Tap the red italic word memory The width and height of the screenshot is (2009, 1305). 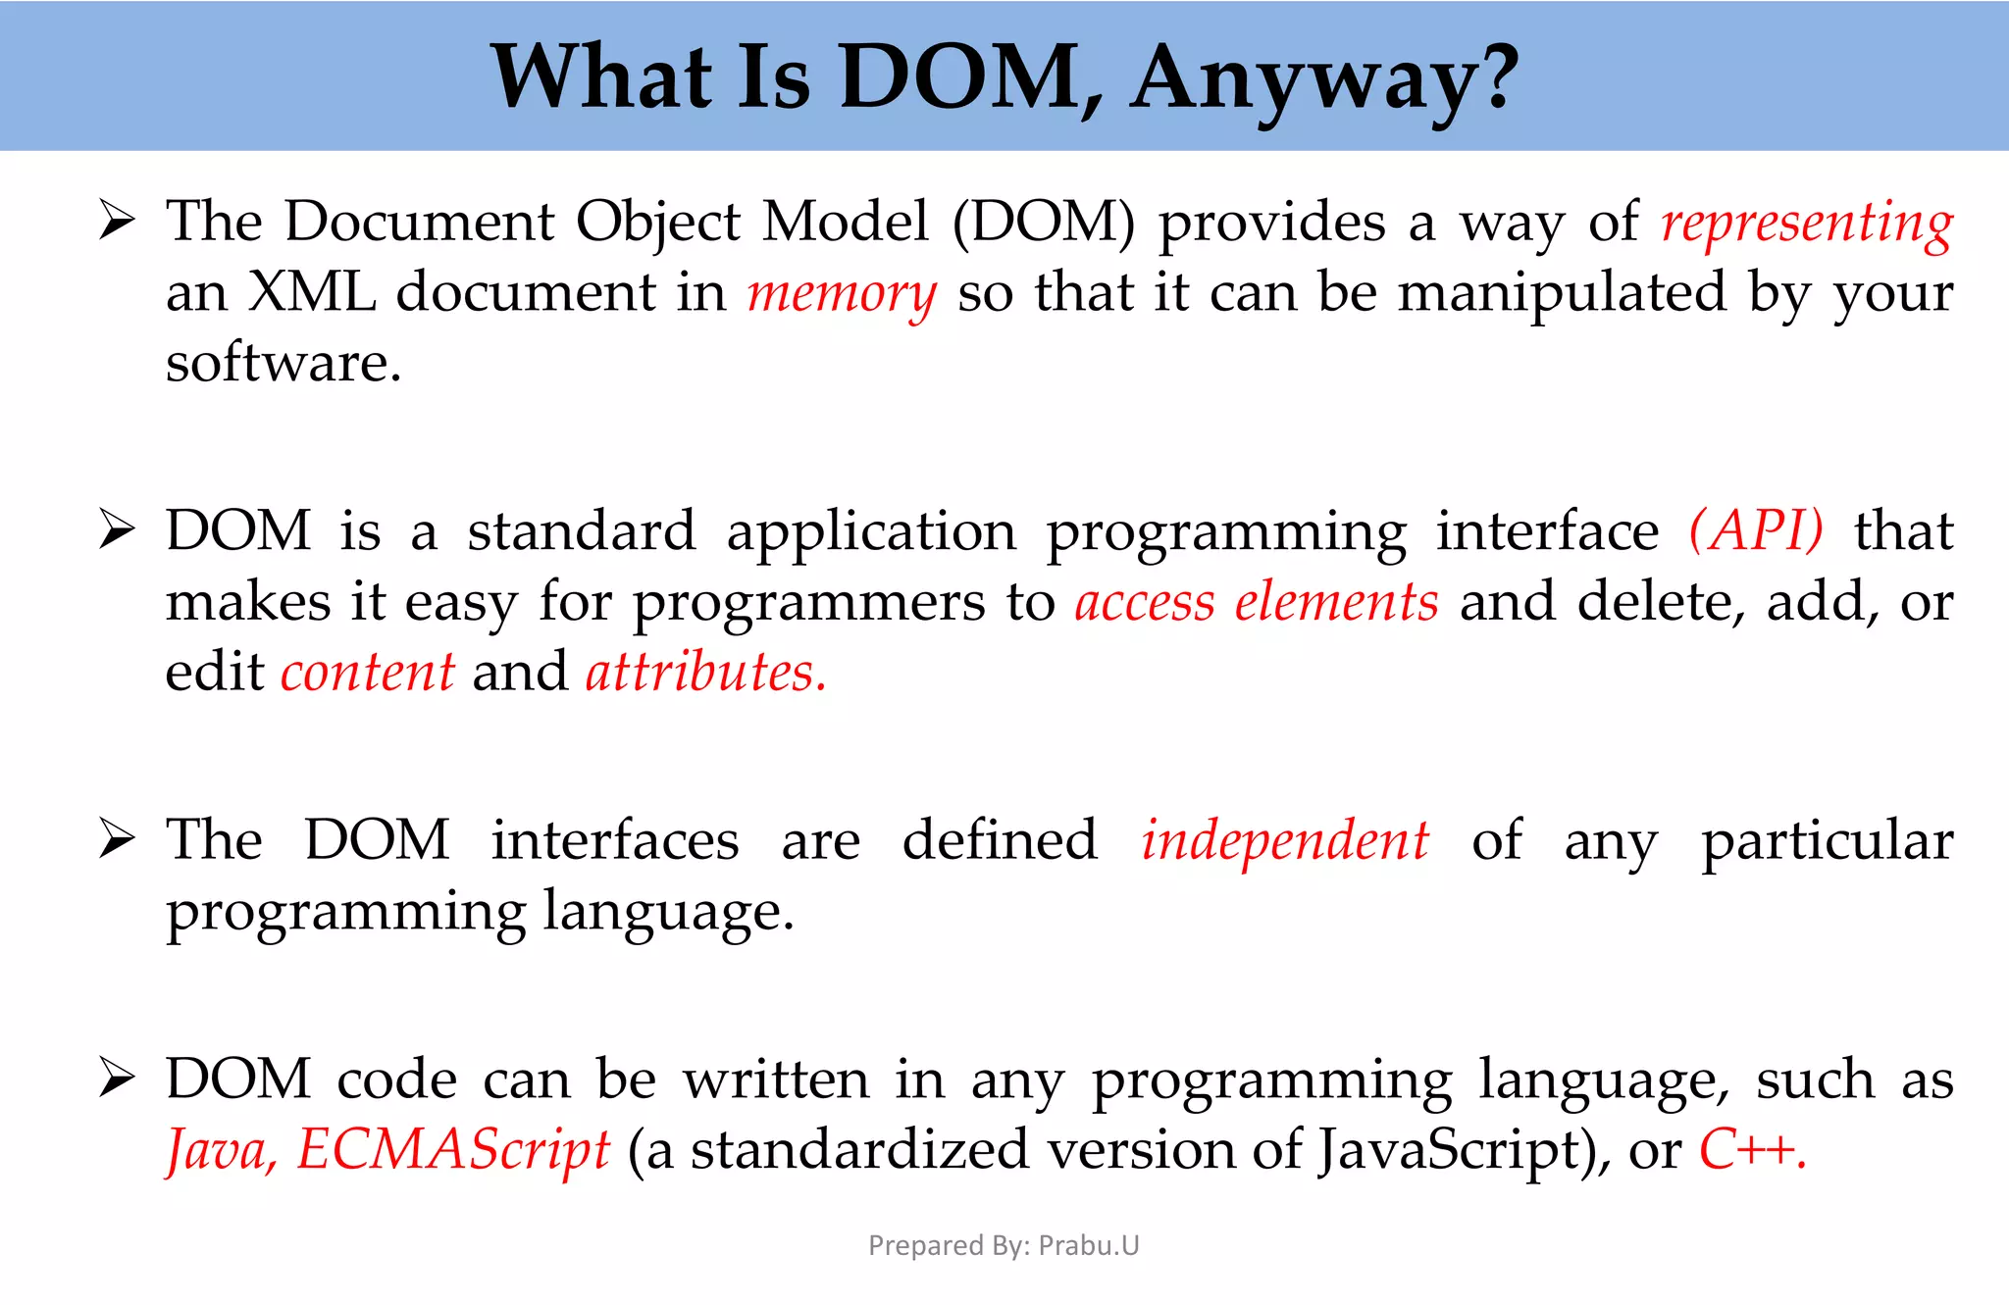tap(842, 294)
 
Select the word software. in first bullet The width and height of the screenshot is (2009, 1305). tap(283, 364)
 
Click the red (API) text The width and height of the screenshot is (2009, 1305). tap(1756, 532)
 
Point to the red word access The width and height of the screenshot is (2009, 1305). tap(1144, 603)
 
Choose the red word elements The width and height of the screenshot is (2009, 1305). tap(1336, 603)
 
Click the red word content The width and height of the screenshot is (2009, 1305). tap(368, 674)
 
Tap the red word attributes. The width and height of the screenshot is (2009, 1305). tap(705, 674)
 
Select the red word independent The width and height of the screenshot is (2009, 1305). tap(1285, 842)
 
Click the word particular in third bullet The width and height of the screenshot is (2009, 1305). tap(1827, 842)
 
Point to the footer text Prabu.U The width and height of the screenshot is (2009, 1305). tap(1089, 1245)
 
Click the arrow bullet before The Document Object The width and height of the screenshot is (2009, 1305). tap(117, 222)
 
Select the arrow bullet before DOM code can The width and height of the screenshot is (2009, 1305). tap(117, 1079)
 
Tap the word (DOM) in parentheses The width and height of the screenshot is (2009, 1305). tap(1044, 223)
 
